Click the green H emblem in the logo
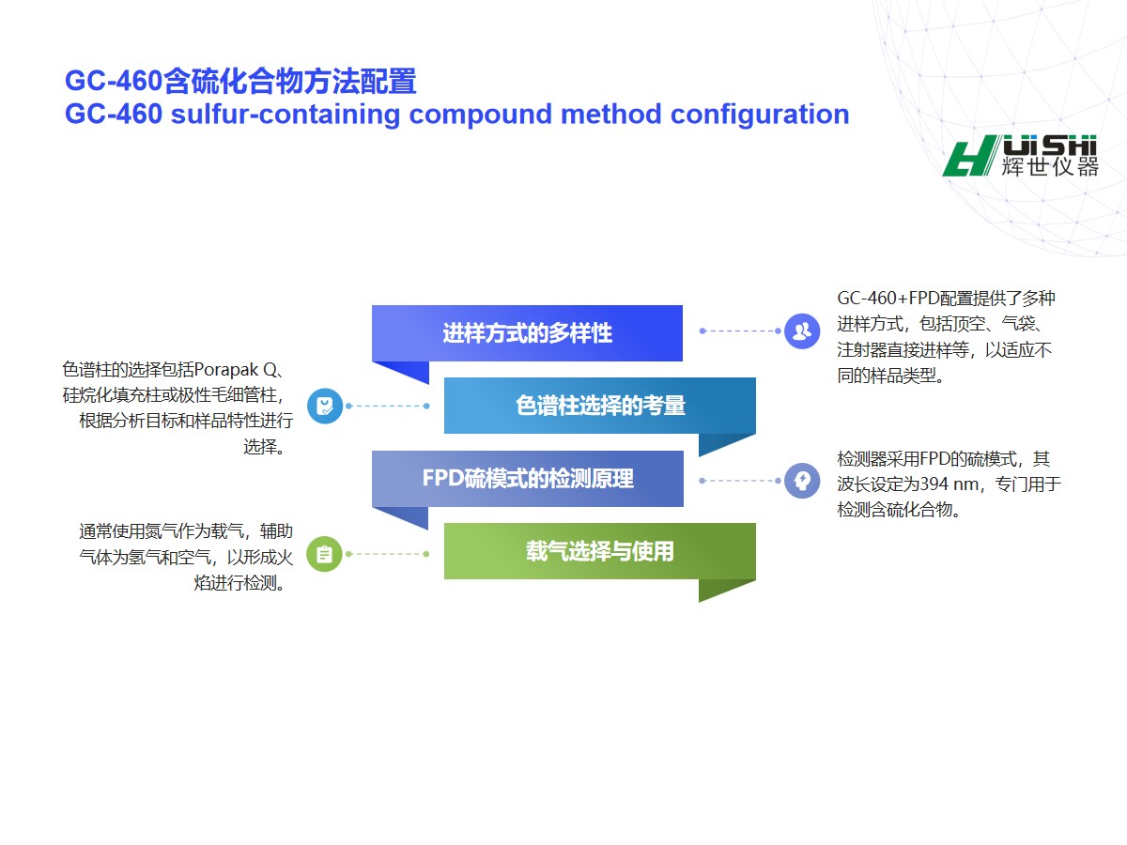pyautogui.click(x=969, y=156)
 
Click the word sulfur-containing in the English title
pyautogui.click(x=285, y=114)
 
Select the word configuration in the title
pyautogui.click(x=760, y=115)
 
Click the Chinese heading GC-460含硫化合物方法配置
pyautogui.click(x=240, y=81)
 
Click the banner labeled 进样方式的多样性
pyautogui.click(x=527, y=333)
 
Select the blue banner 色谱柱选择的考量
pyautogui.click(x=600, y=406)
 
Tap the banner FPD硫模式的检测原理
pyautogui.click(x=528, y=479)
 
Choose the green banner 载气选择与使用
pyautogui.click(x=600, y=551)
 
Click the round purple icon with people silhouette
pyautogui.click(x=802, y=331)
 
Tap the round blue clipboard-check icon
pyautogui.click(x=325, y=406)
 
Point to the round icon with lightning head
pyautogui.click(x=802, y=481)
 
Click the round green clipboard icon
pyautogui.click(x=325, y=554)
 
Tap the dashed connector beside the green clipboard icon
pyautogui.click(x=388, y=554)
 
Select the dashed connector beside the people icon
pyautogui.click(x=740, y=330)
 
